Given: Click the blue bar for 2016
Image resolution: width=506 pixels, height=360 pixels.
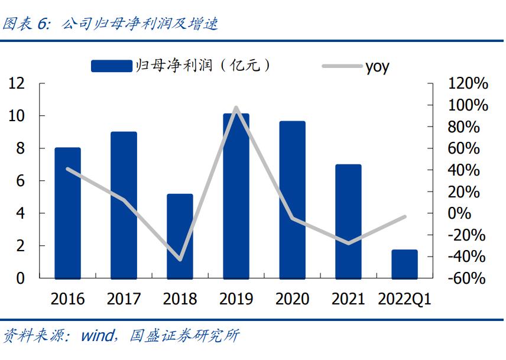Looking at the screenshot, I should (67, 213).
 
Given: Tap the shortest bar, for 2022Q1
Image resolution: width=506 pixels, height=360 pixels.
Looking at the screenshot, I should (404, 264).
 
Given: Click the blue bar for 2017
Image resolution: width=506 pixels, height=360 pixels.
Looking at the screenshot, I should (124, 205).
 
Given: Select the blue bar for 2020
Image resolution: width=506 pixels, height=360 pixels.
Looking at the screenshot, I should (292, 200).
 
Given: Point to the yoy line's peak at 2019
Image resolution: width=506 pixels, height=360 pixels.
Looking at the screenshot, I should (236, 108).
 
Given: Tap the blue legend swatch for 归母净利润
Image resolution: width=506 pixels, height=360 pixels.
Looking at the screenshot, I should (111, 66).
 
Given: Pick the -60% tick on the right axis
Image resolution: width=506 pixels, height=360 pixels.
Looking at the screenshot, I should (468, 278).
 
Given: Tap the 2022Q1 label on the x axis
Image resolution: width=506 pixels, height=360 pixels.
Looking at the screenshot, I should (404, 299).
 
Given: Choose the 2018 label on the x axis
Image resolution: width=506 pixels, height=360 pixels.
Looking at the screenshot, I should (180, 299).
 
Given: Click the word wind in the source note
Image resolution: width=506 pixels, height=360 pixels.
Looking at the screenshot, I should (97, 336).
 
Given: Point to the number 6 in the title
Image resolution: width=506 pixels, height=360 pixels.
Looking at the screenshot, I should (42, 24).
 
